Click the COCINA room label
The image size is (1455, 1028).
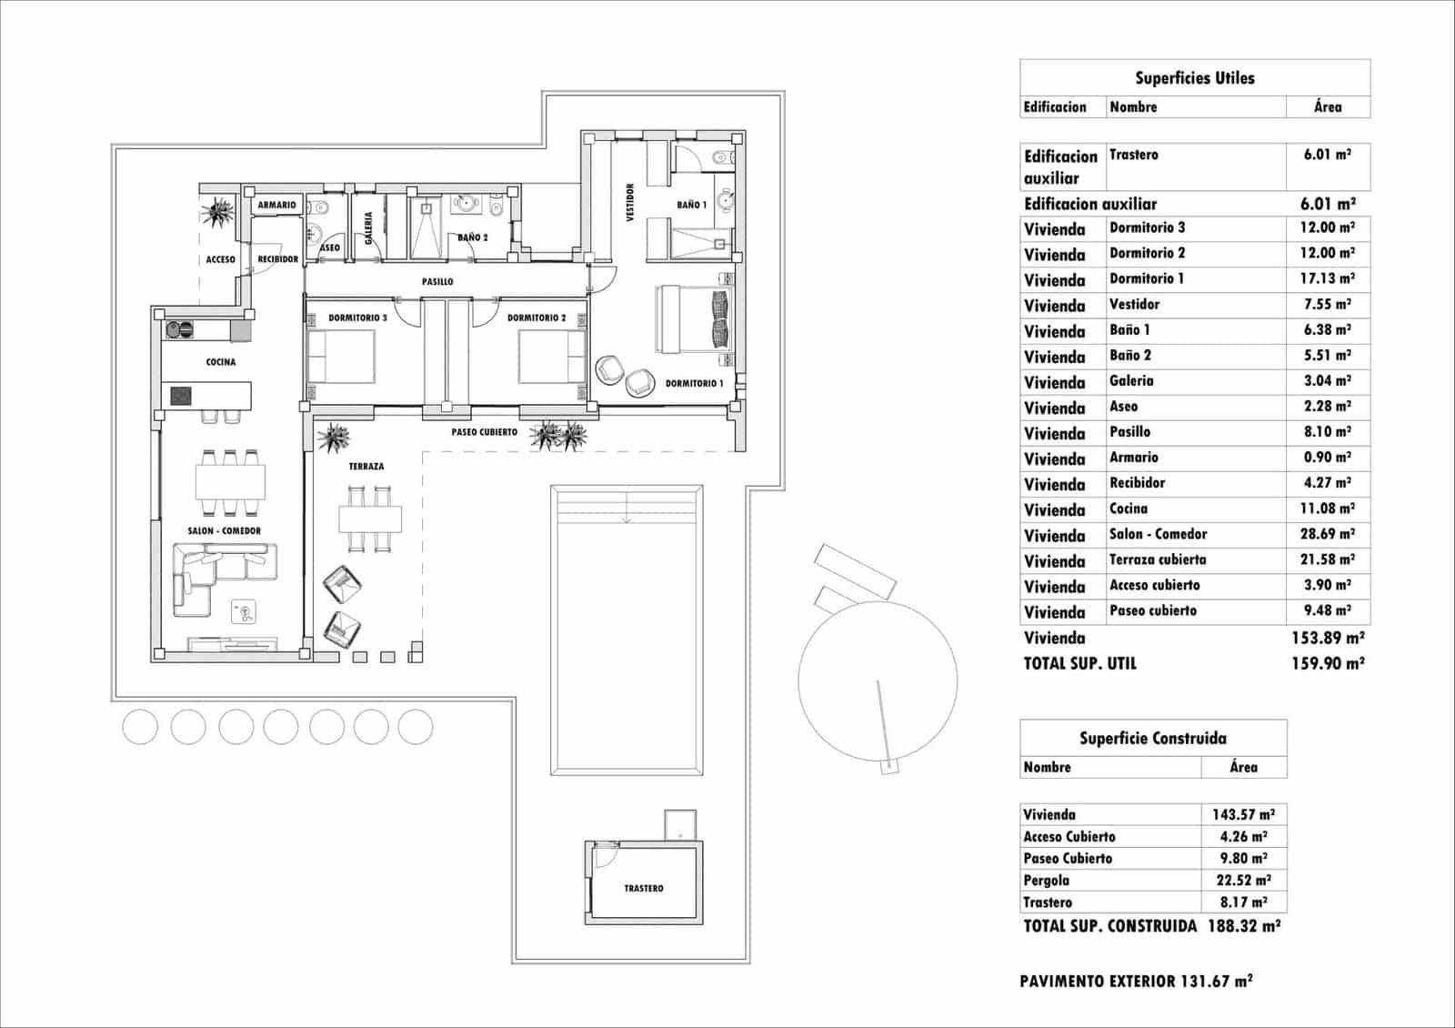tap(221, 362)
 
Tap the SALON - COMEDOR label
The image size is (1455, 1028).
tap(225, 530)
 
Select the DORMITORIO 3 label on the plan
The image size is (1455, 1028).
tap(357, 317)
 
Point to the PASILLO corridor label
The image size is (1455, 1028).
tap(437, 281)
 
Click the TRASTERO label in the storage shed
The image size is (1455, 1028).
tap(644, 888)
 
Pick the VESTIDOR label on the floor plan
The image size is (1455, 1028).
tap(630, 202)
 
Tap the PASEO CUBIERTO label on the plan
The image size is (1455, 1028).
tap(485, 432)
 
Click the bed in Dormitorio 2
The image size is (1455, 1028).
tap(551, 357)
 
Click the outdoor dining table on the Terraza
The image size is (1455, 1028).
tap(370, 519)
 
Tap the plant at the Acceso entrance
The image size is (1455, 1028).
tap(217, 214)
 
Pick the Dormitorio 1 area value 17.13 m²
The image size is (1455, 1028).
tap(1327, 278)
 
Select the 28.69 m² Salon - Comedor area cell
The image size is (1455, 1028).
tap(1327, 534)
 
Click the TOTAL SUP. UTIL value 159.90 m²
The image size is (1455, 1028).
tap(1327, 663)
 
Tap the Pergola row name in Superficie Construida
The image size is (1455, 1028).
tap(1047, 881)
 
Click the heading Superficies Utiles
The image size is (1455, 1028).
tap(1194, 78)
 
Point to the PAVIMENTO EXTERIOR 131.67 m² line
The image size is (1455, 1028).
tap(1136, 981)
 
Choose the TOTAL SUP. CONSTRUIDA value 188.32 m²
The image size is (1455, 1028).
tap(1244, 926)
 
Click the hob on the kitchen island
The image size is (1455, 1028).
tap(182, 396)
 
